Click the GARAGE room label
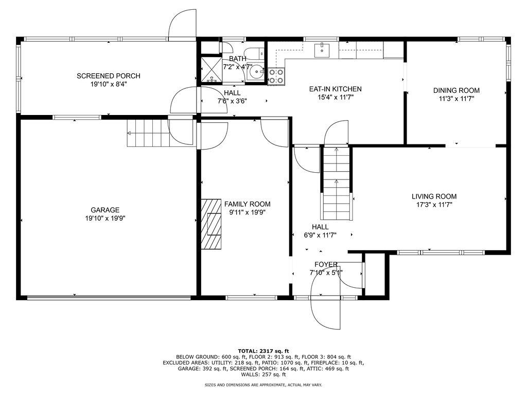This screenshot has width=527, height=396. click(105, 210)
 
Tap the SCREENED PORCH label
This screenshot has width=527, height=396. click(109, 76)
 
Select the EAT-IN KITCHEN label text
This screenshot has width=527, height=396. click(336, 89)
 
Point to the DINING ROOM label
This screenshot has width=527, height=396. click(456, 91)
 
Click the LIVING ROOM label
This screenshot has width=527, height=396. click(434, 196)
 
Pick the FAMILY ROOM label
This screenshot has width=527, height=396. click(248, 204)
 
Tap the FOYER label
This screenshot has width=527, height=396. click(326, 265)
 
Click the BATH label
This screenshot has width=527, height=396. click(238, 59)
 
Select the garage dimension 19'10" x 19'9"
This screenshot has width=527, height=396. click(105, 219)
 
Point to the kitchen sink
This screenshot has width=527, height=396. click(322, 50)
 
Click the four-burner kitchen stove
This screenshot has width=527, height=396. click(276, 76)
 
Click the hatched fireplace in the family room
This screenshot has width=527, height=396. click(212, 224)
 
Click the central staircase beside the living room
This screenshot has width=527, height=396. click(337, 183)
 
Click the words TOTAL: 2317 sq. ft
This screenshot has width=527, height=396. click(263, 351)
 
